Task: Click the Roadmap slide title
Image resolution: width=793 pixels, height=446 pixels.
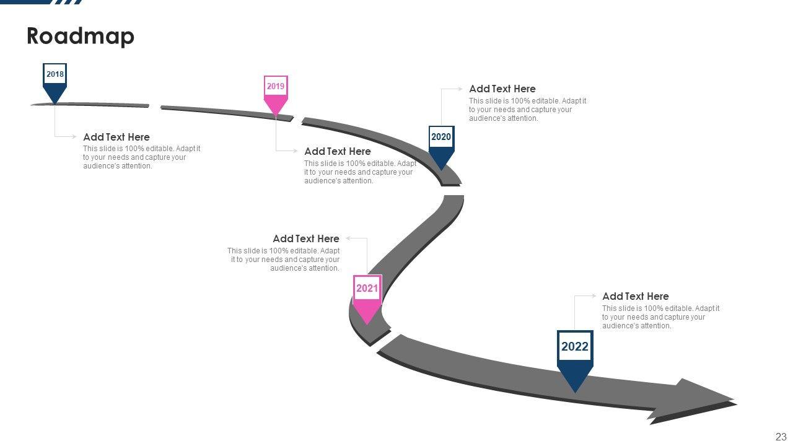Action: tap(81, 37)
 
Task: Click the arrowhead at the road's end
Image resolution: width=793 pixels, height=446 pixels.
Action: tap(700, 400)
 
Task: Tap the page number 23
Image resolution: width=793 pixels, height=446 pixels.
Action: tap(781, 436)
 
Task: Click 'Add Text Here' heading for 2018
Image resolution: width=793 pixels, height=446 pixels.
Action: tap(116, 137)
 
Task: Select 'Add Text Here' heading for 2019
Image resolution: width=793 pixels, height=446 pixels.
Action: tap(338, 151)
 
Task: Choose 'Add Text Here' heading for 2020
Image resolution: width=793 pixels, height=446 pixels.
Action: tap(502, 89)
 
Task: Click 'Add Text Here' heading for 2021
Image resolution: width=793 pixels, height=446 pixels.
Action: tap(306, 238)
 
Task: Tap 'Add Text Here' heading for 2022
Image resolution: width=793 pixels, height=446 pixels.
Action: tap(636, 296)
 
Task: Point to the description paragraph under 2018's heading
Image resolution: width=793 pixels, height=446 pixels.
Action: tap(142, 157)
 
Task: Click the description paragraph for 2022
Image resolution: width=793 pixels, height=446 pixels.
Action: tap(660, 317)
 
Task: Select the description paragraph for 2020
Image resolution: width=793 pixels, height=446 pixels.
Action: tap(528, 110)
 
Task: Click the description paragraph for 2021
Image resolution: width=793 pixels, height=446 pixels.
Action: tap(284, 260)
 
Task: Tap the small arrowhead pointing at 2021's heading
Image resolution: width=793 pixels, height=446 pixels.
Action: tap(349, 238)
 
